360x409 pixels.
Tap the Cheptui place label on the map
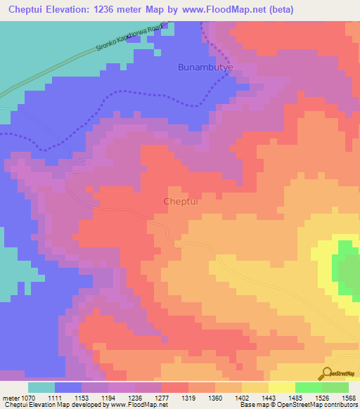(183, 201)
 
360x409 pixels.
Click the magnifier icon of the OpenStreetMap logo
(328, 374)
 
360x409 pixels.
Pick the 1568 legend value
(348, 398)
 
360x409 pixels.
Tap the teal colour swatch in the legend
(41, 387)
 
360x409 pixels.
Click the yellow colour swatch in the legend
(282, 387)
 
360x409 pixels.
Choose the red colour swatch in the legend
(175, 387)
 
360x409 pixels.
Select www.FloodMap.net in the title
(226, 9)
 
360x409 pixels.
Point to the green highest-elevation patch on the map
(347, 267)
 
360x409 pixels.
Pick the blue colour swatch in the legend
(68, 387)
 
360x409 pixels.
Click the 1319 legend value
(188, 398)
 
